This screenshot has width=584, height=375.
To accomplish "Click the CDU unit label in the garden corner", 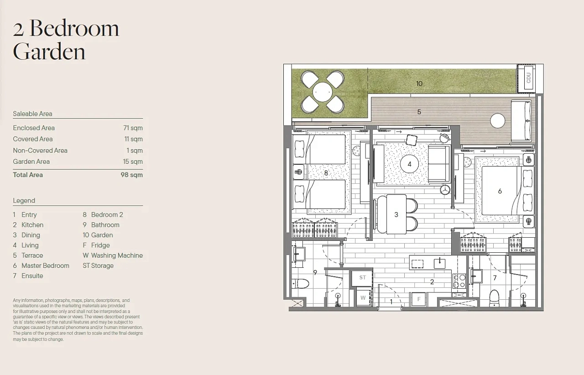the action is [528, 78].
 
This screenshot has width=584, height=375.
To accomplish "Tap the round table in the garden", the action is [323, 92].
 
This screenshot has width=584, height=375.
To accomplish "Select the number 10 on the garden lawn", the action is [419, 83].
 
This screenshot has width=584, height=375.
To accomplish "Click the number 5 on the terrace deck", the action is [419, 112].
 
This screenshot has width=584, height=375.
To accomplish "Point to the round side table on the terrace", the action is [498, 121].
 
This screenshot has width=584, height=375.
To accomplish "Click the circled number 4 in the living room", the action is [410, 164].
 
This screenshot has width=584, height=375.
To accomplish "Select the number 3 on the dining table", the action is [396, 214].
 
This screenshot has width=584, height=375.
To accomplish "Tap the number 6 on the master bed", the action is [500, 191].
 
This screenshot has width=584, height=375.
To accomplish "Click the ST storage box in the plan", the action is [362, 278].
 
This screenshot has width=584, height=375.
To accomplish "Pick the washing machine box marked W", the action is [363, 298].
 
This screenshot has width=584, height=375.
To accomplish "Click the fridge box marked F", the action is [419, 299].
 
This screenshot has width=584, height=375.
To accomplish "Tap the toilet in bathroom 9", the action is [300, 283].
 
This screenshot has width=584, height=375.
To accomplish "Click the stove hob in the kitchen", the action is [459, 281].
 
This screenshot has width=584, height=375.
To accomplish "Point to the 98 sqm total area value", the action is [132, 175].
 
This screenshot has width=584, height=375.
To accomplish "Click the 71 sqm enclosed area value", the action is [133, 128].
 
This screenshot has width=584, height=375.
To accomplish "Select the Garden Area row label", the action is [31, 161].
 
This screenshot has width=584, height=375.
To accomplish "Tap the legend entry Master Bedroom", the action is [45, 266].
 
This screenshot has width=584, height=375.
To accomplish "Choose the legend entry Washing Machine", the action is [117, 255].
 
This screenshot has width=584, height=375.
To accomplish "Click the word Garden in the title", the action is [49, 52].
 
